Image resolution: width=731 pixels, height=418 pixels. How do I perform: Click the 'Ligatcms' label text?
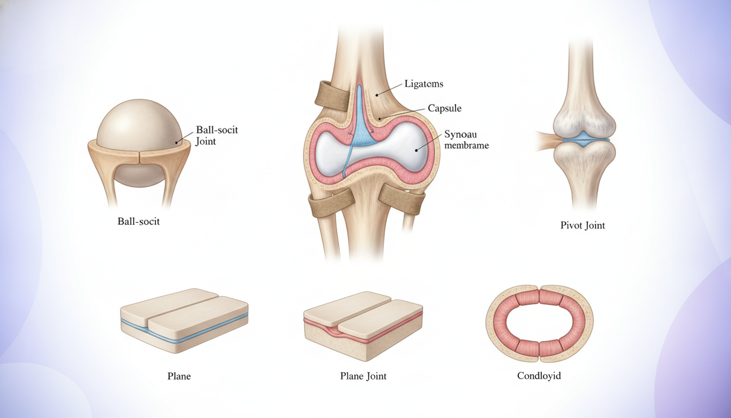point(424,84)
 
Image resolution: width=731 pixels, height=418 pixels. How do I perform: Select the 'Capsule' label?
point(444,108)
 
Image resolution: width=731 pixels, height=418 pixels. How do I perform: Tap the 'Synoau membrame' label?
point(467,140)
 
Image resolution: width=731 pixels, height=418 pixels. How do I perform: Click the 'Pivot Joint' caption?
point(583,225)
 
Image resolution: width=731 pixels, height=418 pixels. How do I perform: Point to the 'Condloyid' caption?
point(539,376)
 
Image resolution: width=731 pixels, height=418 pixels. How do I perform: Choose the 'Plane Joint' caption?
point(363,376)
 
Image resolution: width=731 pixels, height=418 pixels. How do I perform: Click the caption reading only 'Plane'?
point(179,376)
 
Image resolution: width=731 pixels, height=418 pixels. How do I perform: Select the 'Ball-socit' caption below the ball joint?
point(138,222)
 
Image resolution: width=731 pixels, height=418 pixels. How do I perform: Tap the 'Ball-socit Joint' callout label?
point(216,136)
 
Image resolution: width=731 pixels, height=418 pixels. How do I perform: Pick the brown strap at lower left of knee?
point(329,204)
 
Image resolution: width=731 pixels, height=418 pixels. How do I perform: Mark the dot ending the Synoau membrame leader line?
point(417,150)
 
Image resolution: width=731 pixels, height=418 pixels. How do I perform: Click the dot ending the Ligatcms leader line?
point(377,95)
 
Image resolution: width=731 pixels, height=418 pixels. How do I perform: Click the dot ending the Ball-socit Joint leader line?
point(177,143)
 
